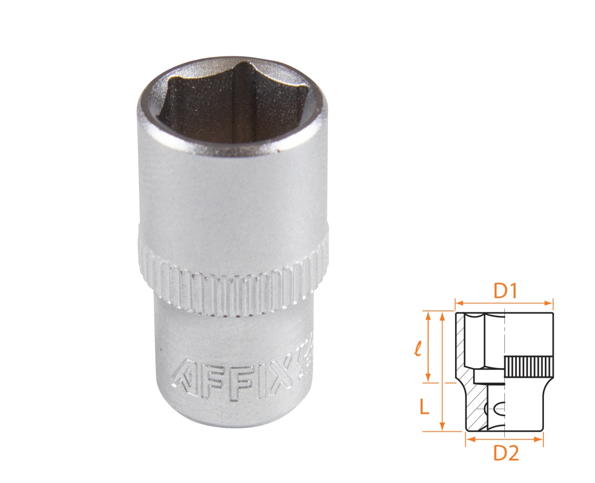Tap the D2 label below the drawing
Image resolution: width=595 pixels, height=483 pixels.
coord(505,453)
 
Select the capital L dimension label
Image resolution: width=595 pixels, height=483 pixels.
coord(423,407)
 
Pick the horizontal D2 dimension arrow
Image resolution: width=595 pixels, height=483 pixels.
coord(504,439)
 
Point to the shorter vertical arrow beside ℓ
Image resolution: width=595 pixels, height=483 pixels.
coord(428,347)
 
